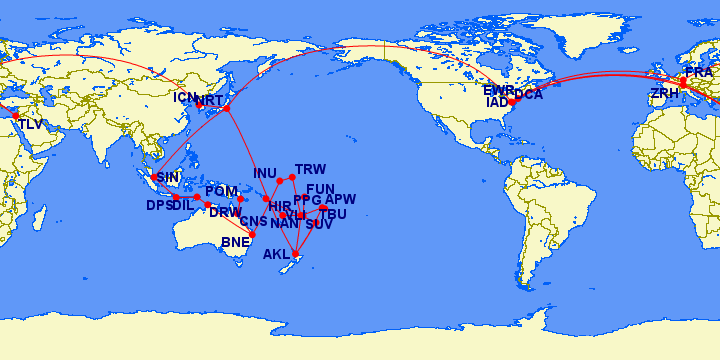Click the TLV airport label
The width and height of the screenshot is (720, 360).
[x=31, y=125]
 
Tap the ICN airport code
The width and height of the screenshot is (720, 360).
[x=186, y=98]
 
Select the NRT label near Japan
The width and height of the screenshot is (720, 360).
[x=210, y=101]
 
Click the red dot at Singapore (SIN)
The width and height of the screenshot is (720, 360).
[x=153, y=178]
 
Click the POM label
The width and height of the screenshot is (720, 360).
[x=221, y=192]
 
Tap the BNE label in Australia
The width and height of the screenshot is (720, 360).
[x=236, y=242]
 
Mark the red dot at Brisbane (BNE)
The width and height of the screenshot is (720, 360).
[x=252, y=234]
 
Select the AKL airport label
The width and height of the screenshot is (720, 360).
[x=276, y=255]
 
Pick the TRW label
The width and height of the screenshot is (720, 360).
[x=311, y=169]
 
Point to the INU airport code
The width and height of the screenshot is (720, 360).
[x=265, y=173]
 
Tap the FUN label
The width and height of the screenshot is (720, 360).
[x=320, y=189]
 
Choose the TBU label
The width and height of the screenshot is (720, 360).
[x=332, y=215]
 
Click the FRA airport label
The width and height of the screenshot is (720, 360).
[x=698, y=73]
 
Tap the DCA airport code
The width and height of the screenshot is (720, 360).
[x=528, y=95]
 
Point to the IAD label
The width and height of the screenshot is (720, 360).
[x=497, y=102]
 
